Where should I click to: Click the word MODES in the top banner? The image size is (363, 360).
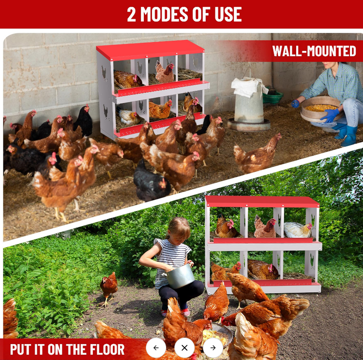(164, 15)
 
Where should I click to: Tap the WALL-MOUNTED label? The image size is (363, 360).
(314, 51)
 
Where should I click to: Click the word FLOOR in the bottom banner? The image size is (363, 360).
(107, 349)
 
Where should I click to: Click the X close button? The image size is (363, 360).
(184, 348)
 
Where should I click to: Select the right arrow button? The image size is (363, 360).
(213, 348)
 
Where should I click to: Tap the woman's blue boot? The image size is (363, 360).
(348, 135)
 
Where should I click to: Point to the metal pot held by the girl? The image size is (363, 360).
(180, 276)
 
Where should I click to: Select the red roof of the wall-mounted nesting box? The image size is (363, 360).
(151, 50)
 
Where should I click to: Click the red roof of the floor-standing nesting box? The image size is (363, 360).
(262, 202)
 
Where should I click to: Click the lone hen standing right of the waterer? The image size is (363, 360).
(257, 154)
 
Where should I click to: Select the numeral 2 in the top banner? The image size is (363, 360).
(131, 15)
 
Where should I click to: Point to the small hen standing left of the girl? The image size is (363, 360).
(108, 287)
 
